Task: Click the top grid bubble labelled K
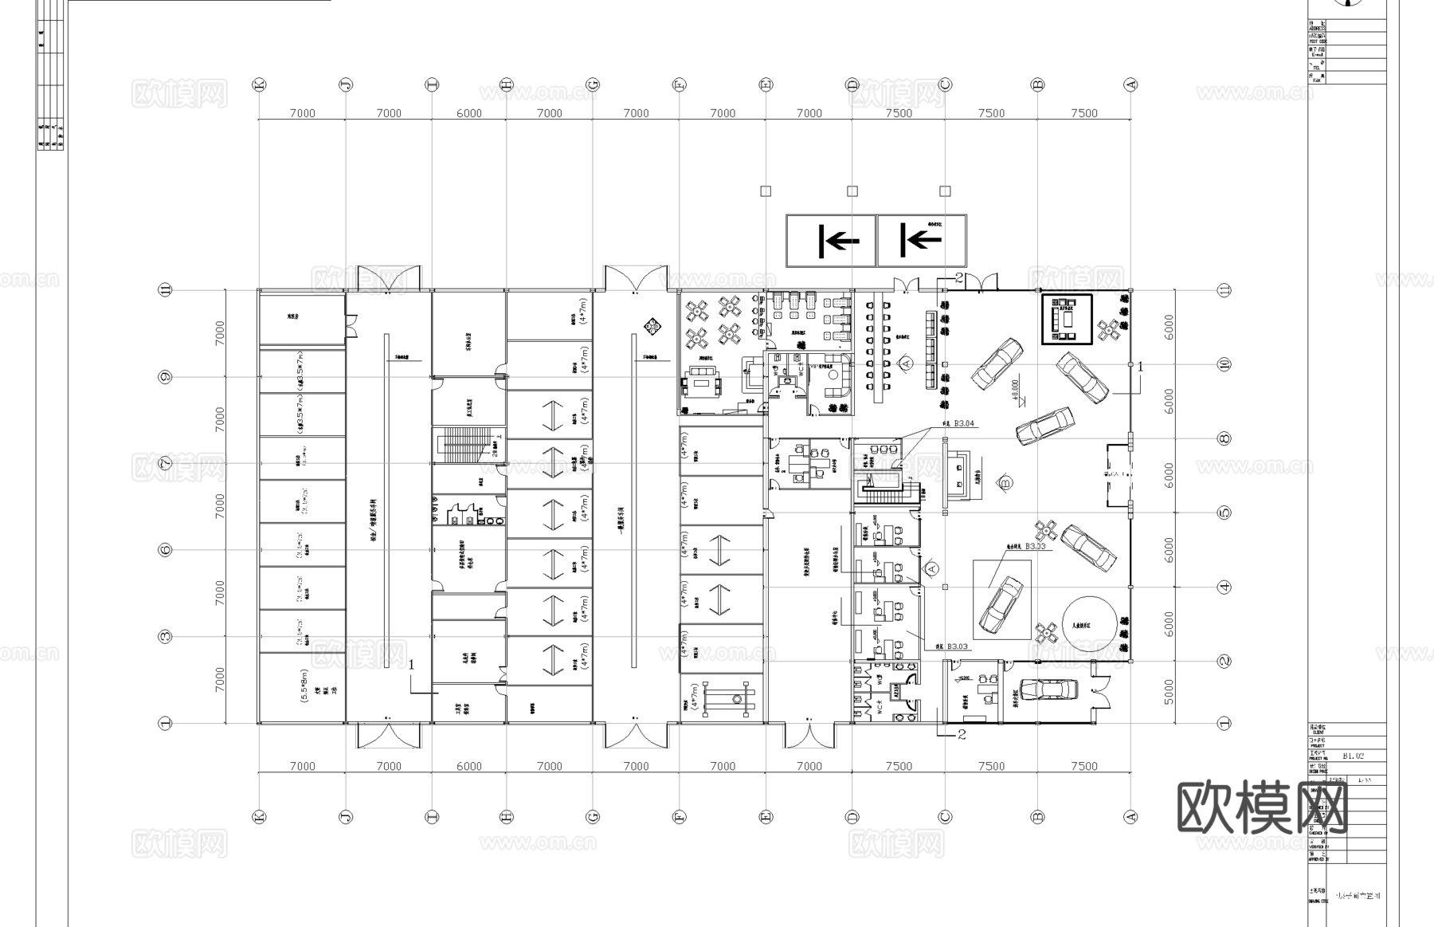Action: pos(259,84)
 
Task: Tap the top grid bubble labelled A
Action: pos(1130,84)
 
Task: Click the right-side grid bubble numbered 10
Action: pos(1224,364)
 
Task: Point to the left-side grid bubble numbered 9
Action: pos(166,377)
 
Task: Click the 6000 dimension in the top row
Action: pos(468,113)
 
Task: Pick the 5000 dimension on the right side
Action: pos(1169,692)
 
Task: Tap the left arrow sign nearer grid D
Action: pos(831,240)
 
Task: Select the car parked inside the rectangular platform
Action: pos(1001,604)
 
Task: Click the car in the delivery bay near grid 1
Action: pos(1048,689)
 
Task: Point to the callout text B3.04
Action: pos(964,423)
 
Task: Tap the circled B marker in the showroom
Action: pos(1005,482)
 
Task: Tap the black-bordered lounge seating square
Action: pos(1067,319)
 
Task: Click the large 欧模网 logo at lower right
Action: pos(1262,807)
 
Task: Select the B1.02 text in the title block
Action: pos(1354,754)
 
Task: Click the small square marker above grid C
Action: pos(945,191)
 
